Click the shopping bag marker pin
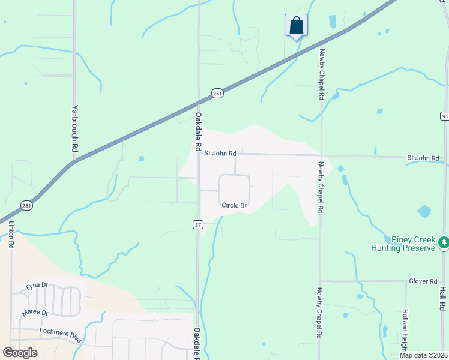pos(296,26)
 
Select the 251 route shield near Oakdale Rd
pos(217,93)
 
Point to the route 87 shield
pos(198,224)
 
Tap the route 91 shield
pos(444,116)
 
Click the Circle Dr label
pos(234,206)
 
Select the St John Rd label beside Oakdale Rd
pos(220,154)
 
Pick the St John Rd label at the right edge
pos(423,158)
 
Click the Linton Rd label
pos(11,235)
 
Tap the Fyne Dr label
pos(37,287)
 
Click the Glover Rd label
pos(423,281)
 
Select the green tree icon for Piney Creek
pos(444,242)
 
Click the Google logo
pos(20,353)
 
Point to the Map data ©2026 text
pos(423,355)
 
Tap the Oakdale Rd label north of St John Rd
pos(197,131)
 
